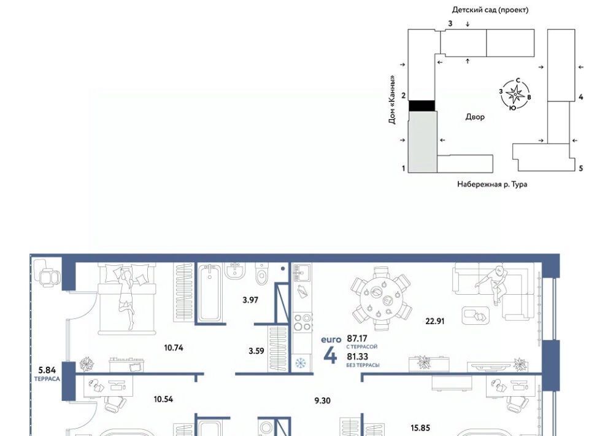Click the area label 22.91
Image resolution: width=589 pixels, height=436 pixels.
click(435, 321)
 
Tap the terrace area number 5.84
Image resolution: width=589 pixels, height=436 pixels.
click(47, 371)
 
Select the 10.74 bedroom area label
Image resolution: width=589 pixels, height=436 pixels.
click(174, 348)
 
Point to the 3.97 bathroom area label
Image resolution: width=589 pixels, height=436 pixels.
click(250, 300)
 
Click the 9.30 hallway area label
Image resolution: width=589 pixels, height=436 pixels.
click(322, 400)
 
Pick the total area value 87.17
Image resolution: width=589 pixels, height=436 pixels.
click(357, 338)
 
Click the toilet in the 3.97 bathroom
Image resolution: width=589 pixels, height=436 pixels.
click(261, 274)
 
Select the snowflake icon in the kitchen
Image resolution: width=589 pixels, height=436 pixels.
click(300, 364)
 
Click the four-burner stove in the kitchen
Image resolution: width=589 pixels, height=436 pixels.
click(302, 322)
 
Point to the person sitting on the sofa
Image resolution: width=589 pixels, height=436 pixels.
click(492, 284)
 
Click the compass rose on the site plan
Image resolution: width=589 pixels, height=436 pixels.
click(515, 94)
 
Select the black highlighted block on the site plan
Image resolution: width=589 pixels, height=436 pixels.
click(422, 106)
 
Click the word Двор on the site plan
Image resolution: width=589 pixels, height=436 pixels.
click(475, 117)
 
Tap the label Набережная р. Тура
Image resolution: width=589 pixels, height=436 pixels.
click(491, 184)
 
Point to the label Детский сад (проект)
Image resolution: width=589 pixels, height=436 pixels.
click(490, 10)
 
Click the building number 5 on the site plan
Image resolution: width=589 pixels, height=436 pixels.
click(581, 168)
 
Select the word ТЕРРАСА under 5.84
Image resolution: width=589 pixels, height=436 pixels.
click(47, 379)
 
